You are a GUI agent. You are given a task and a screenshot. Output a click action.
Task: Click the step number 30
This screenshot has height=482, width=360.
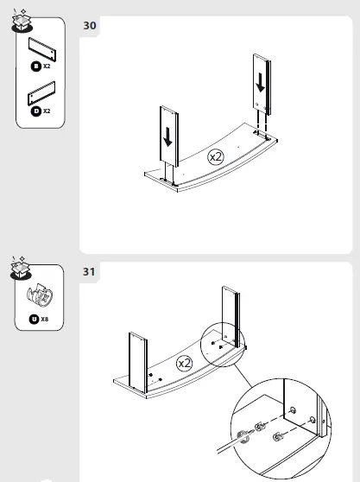pos(89,26)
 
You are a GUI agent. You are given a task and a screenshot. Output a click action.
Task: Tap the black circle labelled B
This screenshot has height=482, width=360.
pos(35,66)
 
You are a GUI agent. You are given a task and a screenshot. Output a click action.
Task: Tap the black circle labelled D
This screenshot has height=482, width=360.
pos(35,111)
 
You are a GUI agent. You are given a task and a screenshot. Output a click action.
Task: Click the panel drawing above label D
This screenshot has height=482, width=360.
pos(41,92)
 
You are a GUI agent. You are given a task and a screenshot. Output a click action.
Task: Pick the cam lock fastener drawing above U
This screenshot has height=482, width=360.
pos(39,296)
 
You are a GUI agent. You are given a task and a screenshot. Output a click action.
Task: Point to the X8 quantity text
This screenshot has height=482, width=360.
pos(45,319)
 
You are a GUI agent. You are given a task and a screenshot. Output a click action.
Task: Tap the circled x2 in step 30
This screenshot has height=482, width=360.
pos(216,157)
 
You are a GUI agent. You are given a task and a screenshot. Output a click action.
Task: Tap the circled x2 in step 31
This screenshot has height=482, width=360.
pos(184,364)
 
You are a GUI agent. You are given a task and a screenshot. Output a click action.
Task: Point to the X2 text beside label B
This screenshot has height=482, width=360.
pos(47,66)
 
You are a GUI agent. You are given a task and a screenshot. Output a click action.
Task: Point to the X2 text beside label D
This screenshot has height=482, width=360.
pos(47,111)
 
